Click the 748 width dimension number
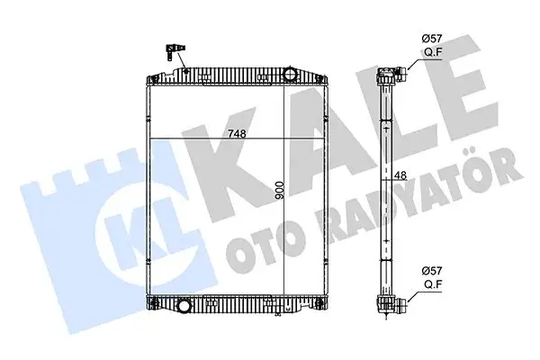237,134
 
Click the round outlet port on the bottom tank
185,305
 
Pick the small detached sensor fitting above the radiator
175,51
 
